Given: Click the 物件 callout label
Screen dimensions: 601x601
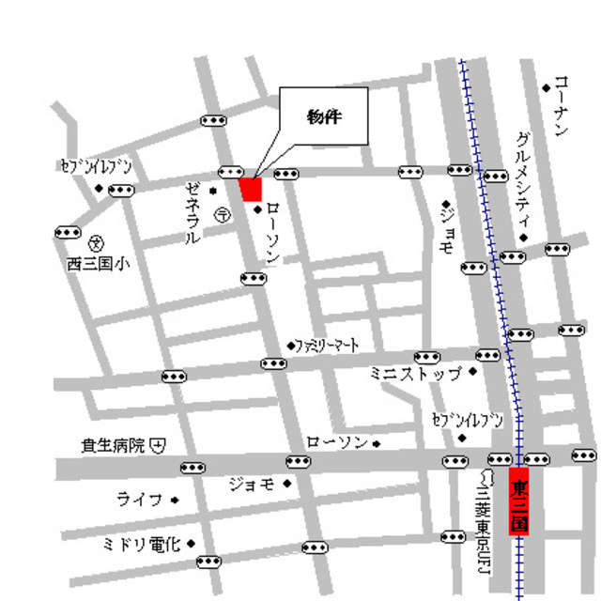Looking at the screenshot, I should point(323,118).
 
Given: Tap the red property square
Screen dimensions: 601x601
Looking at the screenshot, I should point(251,189).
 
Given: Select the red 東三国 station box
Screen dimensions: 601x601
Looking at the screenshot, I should point(519,501).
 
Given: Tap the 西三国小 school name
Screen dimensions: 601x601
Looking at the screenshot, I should point(99,263).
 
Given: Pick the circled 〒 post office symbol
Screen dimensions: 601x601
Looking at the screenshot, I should point(222,215).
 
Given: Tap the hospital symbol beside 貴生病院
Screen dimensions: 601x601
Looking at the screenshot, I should point(159,445).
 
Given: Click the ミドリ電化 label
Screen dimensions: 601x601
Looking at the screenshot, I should point(144,544).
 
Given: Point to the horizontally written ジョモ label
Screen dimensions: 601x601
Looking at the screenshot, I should point(252,484).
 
